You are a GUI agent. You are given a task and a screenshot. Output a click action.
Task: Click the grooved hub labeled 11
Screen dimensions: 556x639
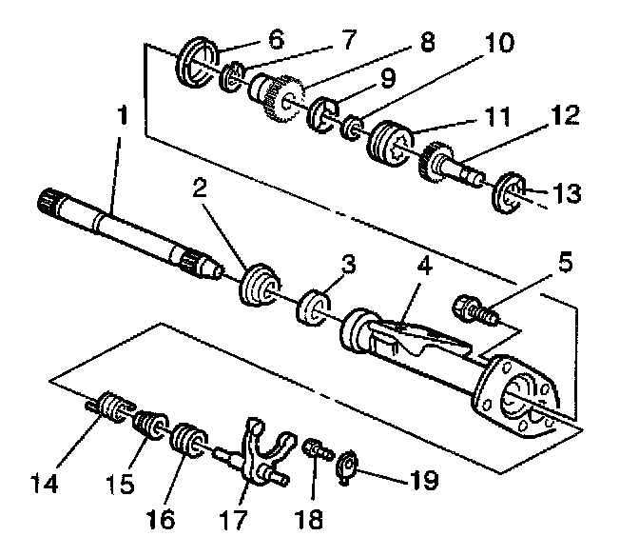coord(391,142)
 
